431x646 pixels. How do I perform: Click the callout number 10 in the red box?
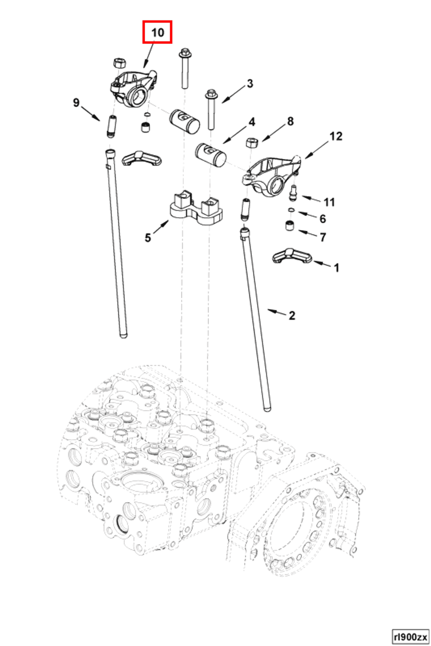pyautogui.click(x=158, y=33)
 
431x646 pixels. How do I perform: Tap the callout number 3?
pyautogui.click(x=250, y=84)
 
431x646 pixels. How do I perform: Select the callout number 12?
pyautogui.click(x=336, y=136)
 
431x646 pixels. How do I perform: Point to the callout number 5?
pyautogui.click(x=148, y=238)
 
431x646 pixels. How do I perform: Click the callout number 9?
pyautogui.click(x=76, y=103)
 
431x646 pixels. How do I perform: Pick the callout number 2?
pyautogui.click(x=292, y=316)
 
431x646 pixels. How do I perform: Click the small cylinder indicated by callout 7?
pyautogui.click(x=289, y=226)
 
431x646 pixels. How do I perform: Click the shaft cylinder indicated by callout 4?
pyautogui.click(x=211, y=155)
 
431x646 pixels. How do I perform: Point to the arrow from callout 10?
pyautogui.click(x=149, y=55)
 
